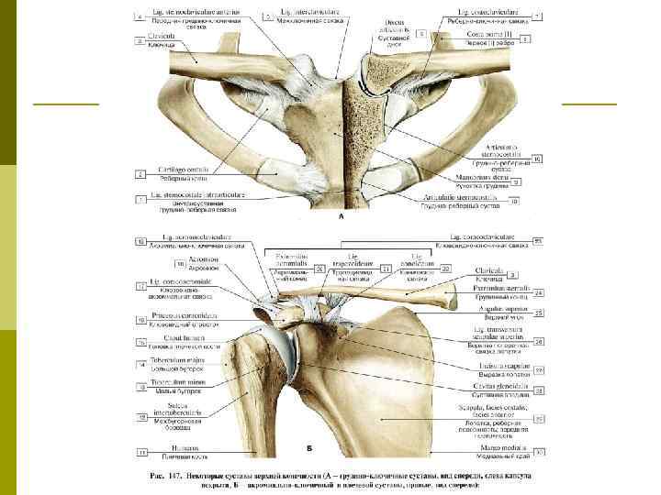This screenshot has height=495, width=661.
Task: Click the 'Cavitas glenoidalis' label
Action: click(496, 386)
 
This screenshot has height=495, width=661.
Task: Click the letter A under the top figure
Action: click(342, 218)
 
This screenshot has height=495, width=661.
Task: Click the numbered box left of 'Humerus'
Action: click(142, 451)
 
